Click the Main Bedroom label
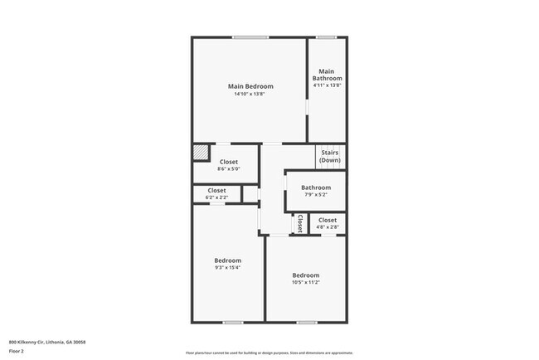[250, 86]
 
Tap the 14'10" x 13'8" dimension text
[250, 94]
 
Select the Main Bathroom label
[327, 75]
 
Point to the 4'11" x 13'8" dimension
[327, 85]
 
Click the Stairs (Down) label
[330, 156]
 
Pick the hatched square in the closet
[201, 153]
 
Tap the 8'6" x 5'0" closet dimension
[228, 170]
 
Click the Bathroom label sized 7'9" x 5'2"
[315, 187]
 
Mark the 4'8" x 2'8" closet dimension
[328, 226]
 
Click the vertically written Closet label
[299, 223]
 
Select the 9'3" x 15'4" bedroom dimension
[228, 268]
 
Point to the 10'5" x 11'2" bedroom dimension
[305, 282]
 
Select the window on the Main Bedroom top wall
[250, 37]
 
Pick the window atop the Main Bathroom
[327, 37]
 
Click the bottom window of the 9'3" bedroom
[233, 322]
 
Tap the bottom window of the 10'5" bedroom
[307, 322]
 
